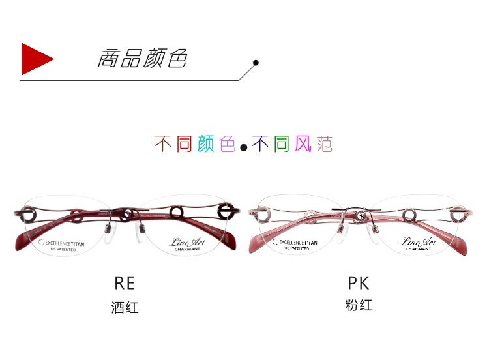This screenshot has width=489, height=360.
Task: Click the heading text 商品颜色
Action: pyautogui.click(x=143, y=58)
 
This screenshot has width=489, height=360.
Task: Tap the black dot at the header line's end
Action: pyautogui.click(x=256, y=63)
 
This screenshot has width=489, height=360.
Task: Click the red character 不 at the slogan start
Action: pyautogui.click(x=163, y=144)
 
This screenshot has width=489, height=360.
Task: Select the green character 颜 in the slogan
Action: pyautogui.click(x=205, y=144)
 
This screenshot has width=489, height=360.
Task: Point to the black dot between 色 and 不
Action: pyautogui.click(x=243, y=147)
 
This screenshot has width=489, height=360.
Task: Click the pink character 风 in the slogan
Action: pyautogui.click(x=303, y=144)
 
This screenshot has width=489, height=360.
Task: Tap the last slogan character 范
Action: pyautogui.click(x=324, y=144)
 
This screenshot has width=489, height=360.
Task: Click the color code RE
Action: pyautogui.click(x=125, y=284)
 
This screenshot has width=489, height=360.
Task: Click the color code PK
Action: pyautogui.click(x=359, y=284)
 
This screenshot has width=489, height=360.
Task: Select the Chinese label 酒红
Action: pyautogui.click(x=125, y=307)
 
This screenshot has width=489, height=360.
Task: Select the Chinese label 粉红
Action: pyautogui.click(x=359, y=305)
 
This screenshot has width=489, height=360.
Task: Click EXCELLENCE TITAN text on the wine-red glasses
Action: pyautogui.click(x=65, y=242)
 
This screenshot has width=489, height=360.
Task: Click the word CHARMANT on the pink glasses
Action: pyautogui.click(x=417, y=248)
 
